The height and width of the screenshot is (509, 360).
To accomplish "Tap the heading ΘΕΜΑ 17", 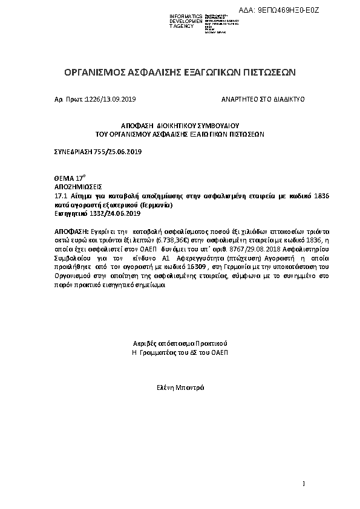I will (x=68, y=180).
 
